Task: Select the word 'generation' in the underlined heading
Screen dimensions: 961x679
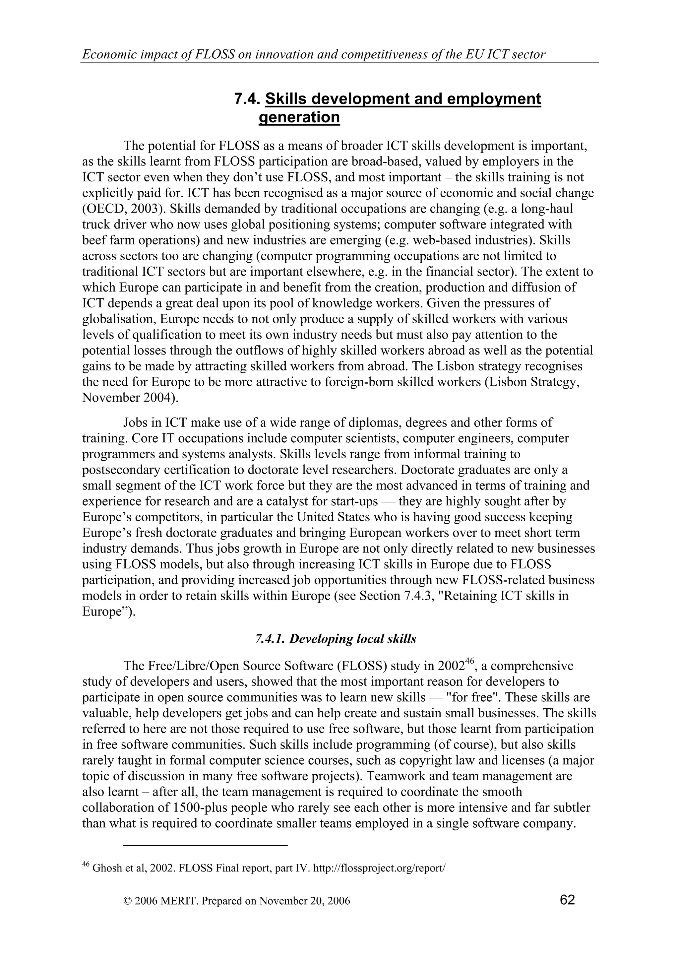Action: coord(299,117)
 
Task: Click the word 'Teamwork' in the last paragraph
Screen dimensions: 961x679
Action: coord(396,776)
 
